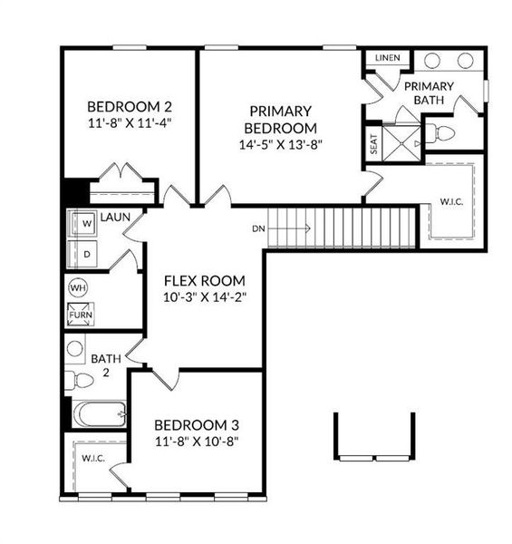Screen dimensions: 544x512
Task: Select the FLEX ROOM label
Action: [204, 280]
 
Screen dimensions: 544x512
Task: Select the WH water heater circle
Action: [77, 288]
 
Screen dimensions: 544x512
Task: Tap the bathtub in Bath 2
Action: [99, 415]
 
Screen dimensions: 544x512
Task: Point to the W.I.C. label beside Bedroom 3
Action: [93, 459]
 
